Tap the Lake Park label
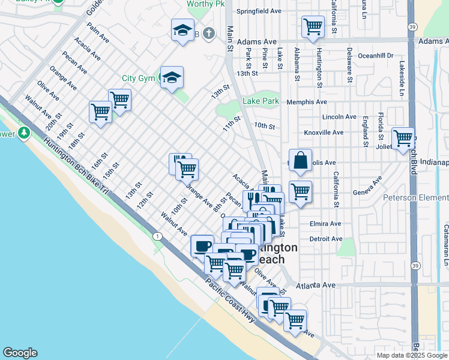click(261, 101)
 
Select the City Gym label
click(138, 78)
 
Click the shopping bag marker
click(300, 160)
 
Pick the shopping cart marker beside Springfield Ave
click(313, 27)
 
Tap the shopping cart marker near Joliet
click(403, 139)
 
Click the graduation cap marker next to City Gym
click(172, 77)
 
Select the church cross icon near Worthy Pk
click(208, 33)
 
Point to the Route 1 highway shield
click(157, 236)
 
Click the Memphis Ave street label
click(306, 102)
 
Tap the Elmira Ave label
click(325, 224)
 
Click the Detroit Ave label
click(326, 239)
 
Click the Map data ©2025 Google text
click(411, 355)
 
